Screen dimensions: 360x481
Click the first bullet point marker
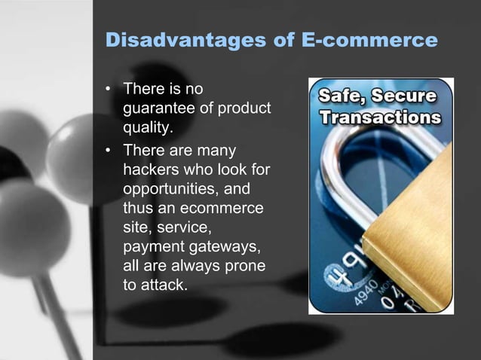109,90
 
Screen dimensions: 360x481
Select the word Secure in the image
405,98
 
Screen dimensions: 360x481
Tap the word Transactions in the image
380,118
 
